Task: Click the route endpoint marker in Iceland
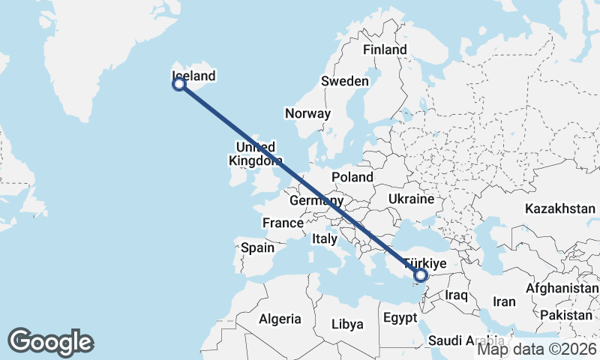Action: point(179,84)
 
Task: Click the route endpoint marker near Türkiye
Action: point(421,276)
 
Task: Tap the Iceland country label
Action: point(193,76)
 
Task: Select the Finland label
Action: point(385,49)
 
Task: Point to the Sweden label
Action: point(345,81)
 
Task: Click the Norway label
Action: point(307,114)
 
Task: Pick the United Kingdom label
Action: point(256,153)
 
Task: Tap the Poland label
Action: point(352,177)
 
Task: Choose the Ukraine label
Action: point(411,199)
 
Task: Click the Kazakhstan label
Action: point(560,208)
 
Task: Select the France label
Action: point(283,223)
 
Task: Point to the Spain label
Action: point(257,247)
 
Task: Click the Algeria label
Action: point(280,319)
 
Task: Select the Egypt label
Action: point(400,318)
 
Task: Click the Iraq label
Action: point(456,295)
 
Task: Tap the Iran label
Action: point(504,301)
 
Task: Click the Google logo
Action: point(50,342)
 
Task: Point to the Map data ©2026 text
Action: point(536,349)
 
